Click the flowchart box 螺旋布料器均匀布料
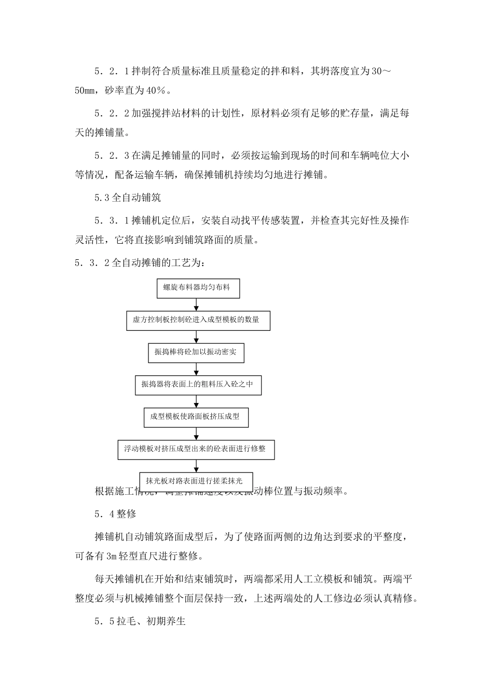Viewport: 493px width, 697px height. tap(198, 288)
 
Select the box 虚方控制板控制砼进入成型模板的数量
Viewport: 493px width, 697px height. tap(198, 320)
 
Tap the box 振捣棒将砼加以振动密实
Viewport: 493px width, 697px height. tap(196, 353)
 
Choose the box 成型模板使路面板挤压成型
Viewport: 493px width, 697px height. tap(196, 417)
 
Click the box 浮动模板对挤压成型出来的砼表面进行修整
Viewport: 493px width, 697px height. tap(196, 449)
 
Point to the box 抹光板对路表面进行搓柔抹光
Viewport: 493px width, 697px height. tap(195, 481)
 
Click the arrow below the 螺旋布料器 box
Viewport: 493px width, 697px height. tap(197, 304)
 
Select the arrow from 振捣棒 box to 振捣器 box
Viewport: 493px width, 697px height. tap(197, 369)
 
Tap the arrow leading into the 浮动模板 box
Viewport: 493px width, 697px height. tap(196, 434)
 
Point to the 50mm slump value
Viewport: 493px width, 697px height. tap(85, 91)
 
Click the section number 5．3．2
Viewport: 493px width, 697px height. tap(92, 262)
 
